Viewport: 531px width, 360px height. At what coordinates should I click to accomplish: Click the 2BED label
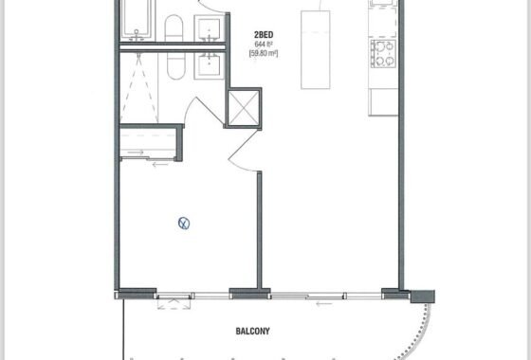pyautogui.click(x=264, y=34)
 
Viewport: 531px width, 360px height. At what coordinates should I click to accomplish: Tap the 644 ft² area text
pyautogui.click(x=264, y=44)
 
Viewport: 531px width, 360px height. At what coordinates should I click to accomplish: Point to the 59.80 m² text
pyautogui.click(x=264, y=53)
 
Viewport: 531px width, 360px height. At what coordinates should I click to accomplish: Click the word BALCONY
pyautogui.click(x=252, y=331)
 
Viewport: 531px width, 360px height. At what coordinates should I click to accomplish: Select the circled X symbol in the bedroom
pyautogui.click(x=184, y=224)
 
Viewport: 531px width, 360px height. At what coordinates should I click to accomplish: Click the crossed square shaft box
pyautogui.click(x=243, y=108)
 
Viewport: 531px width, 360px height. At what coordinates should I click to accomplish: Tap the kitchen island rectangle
pyautogui.click(x=315, y=49)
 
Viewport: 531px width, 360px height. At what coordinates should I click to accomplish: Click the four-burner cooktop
pyautogui.click(x=383, y=53)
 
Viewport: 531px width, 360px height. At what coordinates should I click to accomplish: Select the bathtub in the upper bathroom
pyautogui.click(x=137, y=20)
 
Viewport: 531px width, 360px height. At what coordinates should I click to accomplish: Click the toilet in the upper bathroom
pyautogui.click(x=174, y=28)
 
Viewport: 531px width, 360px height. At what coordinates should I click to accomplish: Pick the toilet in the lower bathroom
pyautogui.click(x=176, y=66)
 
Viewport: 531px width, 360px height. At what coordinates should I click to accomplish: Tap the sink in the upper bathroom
pyautogui.click(x=209, y=28)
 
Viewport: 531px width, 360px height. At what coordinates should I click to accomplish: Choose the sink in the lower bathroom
pyautogui.click(x=209, y=65)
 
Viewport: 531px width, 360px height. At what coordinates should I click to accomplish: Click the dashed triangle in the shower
pyautogui.click(x=138, y=87)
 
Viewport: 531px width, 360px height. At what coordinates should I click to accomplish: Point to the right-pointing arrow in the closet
pyautogui.click(x=136, y=153)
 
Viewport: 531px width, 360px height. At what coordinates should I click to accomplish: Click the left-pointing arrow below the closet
pyautogui.click(x=160, y=165)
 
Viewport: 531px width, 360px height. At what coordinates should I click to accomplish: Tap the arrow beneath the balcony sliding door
pyautogui.click(x=323, y=304)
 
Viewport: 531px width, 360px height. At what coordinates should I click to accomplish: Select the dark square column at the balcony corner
pyautogui.click(x=423, y=297)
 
